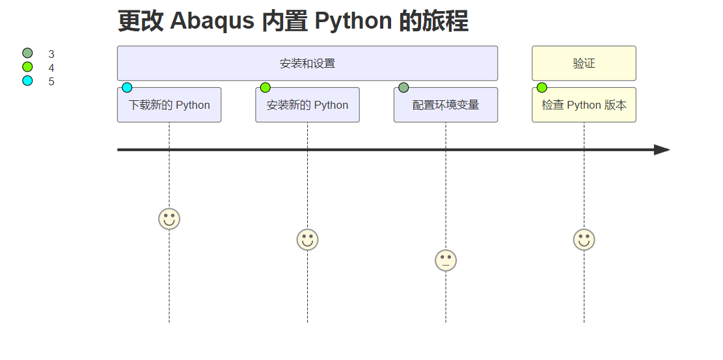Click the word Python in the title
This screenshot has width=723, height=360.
click(x=353, y=21)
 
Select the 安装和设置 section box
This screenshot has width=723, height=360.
click(x=307, y=63)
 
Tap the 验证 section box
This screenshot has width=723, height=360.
click(x=584, y=63)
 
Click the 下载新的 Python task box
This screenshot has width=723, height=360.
click(x=169, y=105)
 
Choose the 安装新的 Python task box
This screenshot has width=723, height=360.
click(x=307, y=105)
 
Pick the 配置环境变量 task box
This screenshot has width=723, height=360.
click(x=446, y=105)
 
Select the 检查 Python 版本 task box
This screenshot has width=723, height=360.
click(x=584, y=105)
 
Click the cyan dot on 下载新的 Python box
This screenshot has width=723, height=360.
click(x=127, y=88)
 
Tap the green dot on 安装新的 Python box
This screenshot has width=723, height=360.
click(x=266, y=88)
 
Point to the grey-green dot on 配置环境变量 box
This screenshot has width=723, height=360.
click(x=403, y=88)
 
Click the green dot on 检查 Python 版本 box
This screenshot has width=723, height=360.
click(x=542, y=88)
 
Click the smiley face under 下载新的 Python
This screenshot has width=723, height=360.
click(x=169, y=219)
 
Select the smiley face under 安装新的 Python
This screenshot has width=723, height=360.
click(x=307, y=240)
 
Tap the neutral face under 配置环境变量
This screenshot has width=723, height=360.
click(x=446, y=260)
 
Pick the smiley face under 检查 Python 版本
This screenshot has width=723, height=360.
click(x=584, y=240)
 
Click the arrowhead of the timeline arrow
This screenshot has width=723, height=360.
click(x=662, y=150)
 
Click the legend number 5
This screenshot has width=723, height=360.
click(x=51, y=81)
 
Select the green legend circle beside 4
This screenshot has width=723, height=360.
click(x=27, y=67)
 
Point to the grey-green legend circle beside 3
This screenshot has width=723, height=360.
click(x=27, y=53)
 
